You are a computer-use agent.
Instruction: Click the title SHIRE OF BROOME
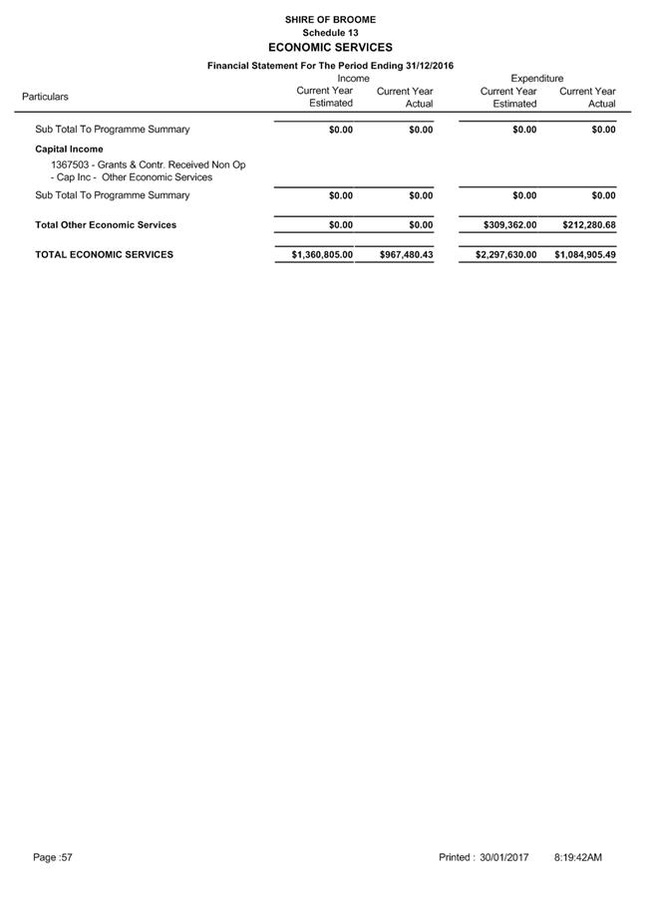coord(330,19)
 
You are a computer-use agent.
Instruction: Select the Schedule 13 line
coord(330,33)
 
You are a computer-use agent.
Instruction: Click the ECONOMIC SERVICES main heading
coord(330,48)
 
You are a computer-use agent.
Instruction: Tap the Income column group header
coord(353,78)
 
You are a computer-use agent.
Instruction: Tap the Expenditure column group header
coord(536,78)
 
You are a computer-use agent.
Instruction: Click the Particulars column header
coord(45,97)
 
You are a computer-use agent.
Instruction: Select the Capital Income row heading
coord(69,150)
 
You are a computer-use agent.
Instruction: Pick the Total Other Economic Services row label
coord(106,225)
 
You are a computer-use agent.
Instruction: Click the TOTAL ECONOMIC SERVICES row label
coord(104,255)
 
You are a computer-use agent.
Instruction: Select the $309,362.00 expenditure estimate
coord(509,225)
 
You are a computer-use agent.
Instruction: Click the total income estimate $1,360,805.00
coord(322,255)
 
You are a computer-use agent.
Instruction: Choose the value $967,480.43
coord(407,255)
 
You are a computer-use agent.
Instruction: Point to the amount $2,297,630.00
coord(505,255)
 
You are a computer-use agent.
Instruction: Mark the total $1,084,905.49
coord(585,255)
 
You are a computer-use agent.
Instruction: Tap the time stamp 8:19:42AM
coord(577,857)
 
